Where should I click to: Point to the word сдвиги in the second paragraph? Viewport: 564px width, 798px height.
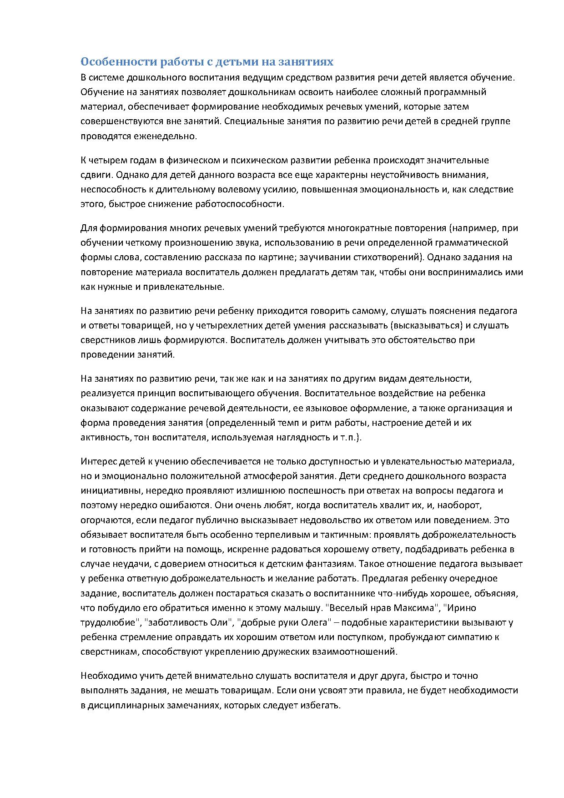coord(94,175)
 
